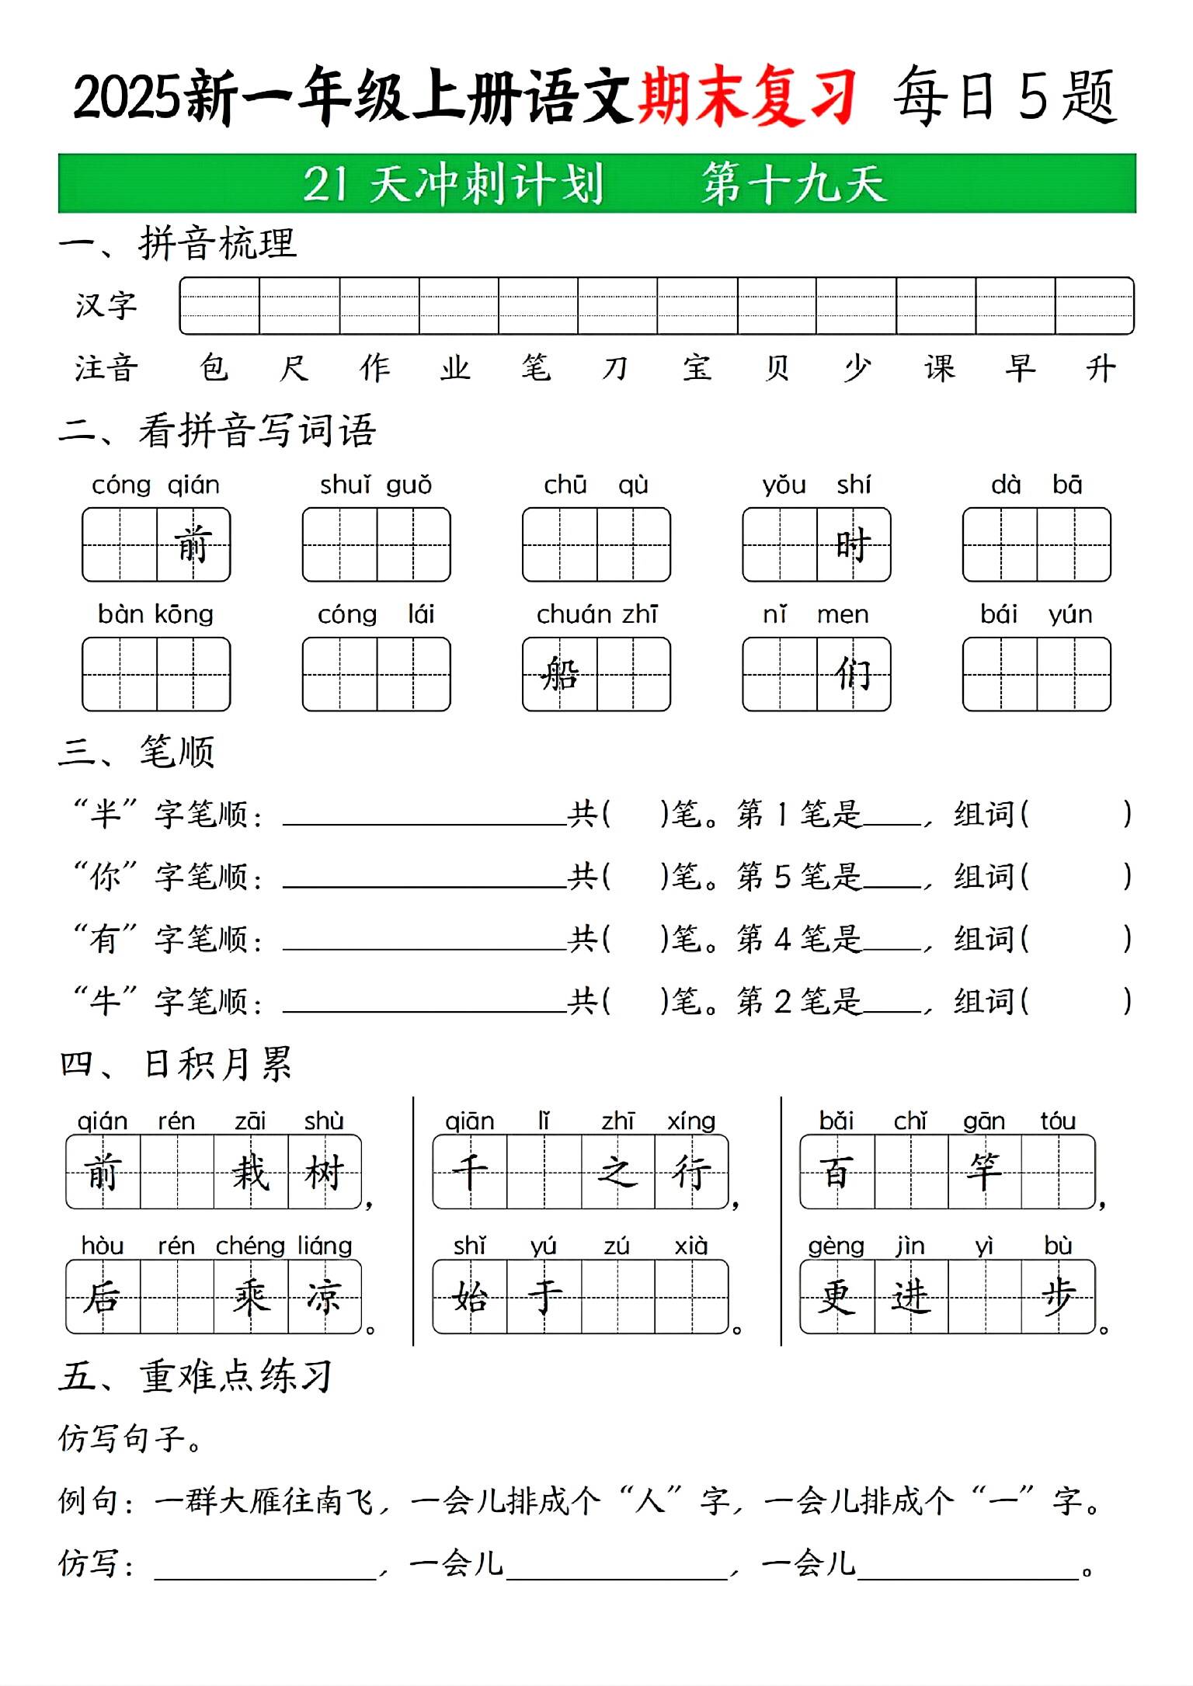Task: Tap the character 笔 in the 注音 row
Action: click(x=536, y=367)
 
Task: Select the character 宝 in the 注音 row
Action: click(x=697, y=367)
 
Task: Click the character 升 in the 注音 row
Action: click(x=1100, y=367)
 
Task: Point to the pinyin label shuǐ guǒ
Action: click(x=376, y=485)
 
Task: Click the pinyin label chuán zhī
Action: click(x=596, y=615)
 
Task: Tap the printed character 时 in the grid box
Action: click(x=853, y=544)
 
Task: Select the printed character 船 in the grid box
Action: click(x=560, y=673)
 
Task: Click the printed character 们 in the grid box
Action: click(x=853, y=673)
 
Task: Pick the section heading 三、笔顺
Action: click(x=137, y=752)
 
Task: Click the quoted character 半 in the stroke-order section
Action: click(x=105, y=814)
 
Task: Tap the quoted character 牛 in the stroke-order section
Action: click(x=105, y=1001)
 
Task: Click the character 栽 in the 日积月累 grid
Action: click(x=250, y=1172)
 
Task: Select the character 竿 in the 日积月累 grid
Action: click(x=984, y=1171)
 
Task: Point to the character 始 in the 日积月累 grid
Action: click(x=470, y=1296)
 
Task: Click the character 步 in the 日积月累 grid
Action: click(x=1058, y=1296)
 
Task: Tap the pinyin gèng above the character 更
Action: click(x=836, y=1246)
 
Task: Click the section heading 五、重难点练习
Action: click(x=197, y=1377)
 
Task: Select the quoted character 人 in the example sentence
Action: click(x=650, y=1501)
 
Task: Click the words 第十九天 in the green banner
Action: click(x=793, y=184)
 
